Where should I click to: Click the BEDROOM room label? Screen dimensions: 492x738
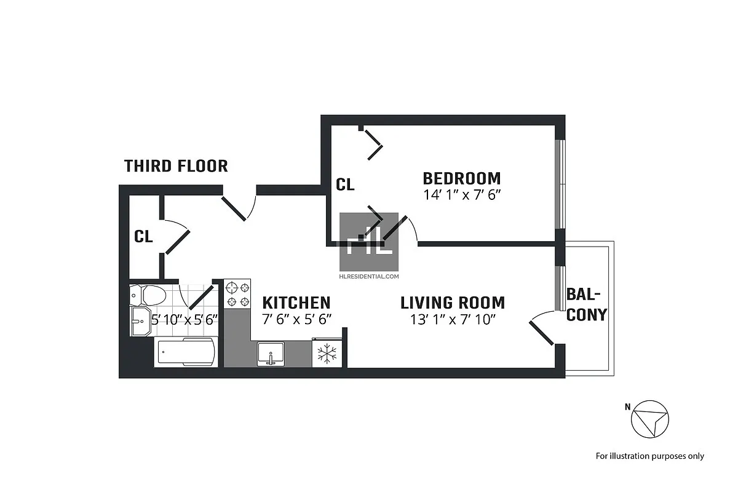pos(461,178)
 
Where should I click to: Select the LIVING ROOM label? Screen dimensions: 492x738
pos(452,303)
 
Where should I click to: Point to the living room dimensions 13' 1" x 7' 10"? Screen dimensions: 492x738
pos(452,319)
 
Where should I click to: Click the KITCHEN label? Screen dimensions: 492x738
pos(296,303)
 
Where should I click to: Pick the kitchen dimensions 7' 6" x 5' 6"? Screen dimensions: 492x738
pos(296,319)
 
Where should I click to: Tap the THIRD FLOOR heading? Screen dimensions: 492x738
pos(176,166)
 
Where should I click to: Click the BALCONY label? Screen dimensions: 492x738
pos(586,304)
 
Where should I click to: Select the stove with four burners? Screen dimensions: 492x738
pos(237,294)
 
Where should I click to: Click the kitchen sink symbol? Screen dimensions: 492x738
pos(270,354)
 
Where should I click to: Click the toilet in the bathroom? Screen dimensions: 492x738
pos(149,296)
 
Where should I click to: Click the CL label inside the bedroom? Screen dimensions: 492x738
pos(345,184)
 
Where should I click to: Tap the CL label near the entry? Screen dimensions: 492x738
pos(143,236)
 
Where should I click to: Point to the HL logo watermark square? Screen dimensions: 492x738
pos(369,242)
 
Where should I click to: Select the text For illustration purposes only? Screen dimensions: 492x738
pos(649,456)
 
